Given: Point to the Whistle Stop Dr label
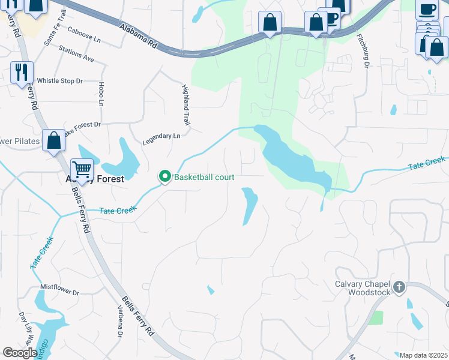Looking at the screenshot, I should (x=59, y=81).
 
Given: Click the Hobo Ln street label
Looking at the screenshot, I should (x=101, y=94).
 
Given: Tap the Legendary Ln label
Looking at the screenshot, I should (x=161, y=140).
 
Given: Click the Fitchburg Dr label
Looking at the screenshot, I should (x=362, y=49).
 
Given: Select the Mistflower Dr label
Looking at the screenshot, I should (x=59, y=292).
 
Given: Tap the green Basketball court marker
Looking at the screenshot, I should (x=164, y=177).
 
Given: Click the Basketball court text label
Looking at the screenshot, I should (x=204, y=178).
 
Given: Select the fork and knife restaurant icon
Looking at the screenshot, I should (x=22, y=73).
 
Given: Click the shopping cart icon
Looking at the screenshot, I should (x=82, y=169).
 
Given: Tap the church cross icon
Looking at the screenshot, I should (x=399, y=288).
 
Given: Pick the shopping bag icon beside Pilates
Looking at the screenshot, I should (x=53, y=142).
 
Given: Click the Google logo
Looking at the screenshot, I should (x=20, y=353).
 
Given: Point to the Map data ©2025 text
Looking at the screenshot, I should (x=423, y=355).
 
